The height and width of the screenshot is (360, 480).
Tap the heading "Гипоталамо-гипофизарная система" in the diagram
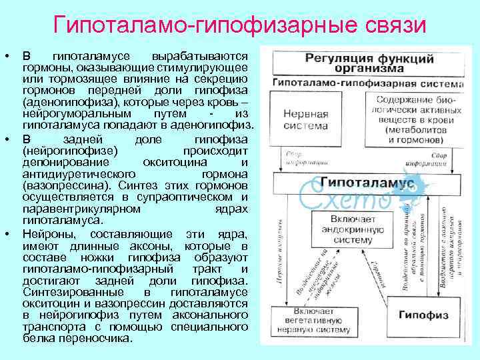pos(359,82)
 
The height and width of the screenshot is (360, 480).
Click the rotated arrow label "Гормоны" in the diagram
pos(381,273)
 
